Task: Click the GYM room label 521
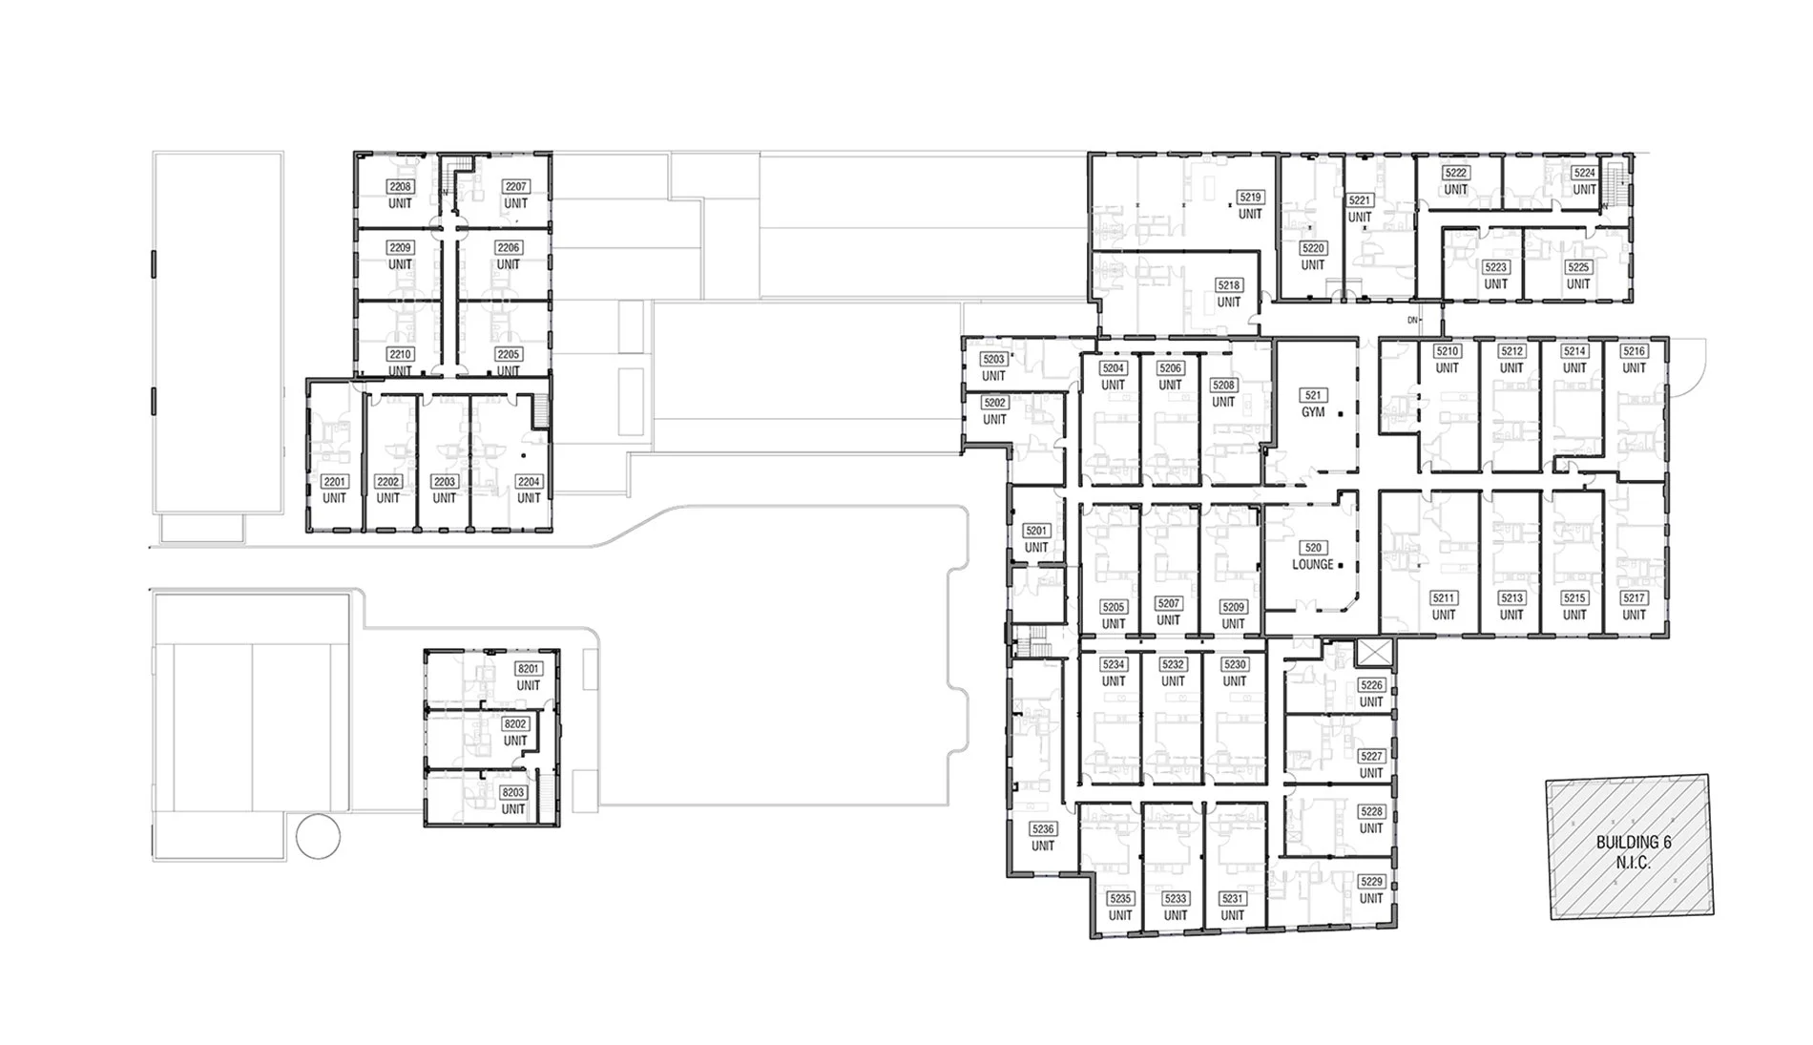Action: [x=1313, y=395]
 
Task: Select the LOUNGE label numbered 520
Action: [x=1313, y=548]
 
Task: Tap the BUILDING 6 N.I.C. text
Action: [x=1634, y=852]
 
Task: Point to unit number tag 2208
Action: [x=400, y=187]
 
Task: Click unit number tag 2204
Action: [x=529, y=482]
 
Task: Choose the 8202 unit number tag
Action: [x=515, y=724]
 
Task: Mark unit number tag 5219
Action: [x=1250, y=198]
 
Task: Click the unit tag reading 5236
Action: [x=1043, y=829]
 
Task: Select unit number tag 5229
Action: [x=1371, y=882]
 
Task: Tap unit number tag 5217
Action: [x=1634, y=598]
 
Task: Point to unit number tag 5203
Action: [x=994, y=360]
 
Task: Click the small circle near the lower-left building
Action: [x=318, y=837]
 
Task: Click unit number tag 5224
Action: [x=1584, y=173]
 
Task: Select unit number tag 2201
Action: [x=334, y=482]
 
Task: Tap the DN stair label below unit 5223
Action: [x=1413, y=320]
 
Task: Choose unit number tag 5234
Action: [x=1114, y=664]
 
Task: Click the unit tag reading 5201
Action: [x=1036, y=531]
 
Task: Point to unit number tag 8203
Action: [x=513, y=793]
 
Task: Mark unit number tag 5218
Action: [x=1229, y=285]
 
